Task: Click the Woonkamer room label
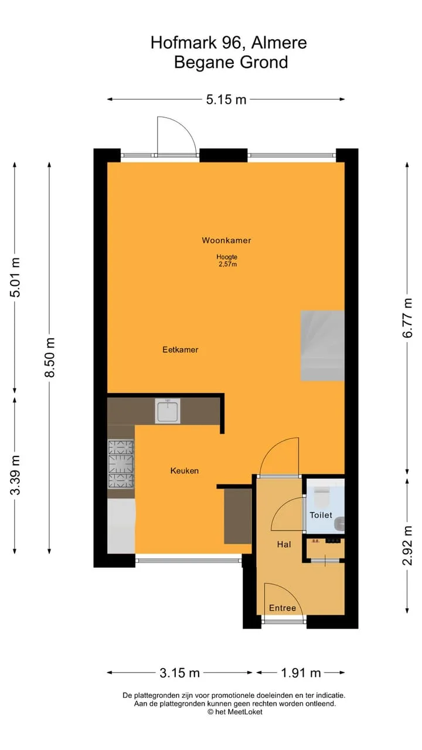coord(226,240)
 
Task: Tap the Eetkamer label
coord(180,350)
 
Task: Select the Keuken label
coord(185,471)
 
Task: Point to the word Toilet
coord(321,515)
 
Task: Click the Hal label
coord(284,544)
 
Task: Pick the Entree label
coord(283,608)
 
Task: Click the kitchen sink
coord(168,411)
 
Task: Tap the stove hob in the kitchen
coord(121,464)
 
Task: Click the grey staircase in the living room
coord(322,346)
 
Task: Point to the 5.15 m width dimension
coord(226,100)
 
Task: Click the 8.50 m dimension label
coord(50,357)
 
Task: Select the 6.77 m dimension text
coord(407,318)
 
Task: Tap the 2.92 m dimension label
coord(407,546)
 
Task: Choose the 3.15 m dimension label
coord(179,673)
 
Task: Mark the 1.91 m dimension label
coord(301,673)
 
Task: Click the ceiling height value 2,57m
coord(228,264)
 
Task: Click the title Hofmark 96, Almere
coord(229,43)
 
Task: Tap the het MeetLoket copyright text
coord(235,712)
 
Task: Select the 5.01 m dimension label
coord(15,277)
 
